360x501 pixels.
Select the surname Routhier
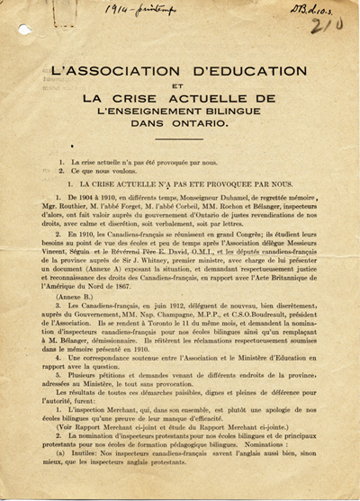76,206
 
